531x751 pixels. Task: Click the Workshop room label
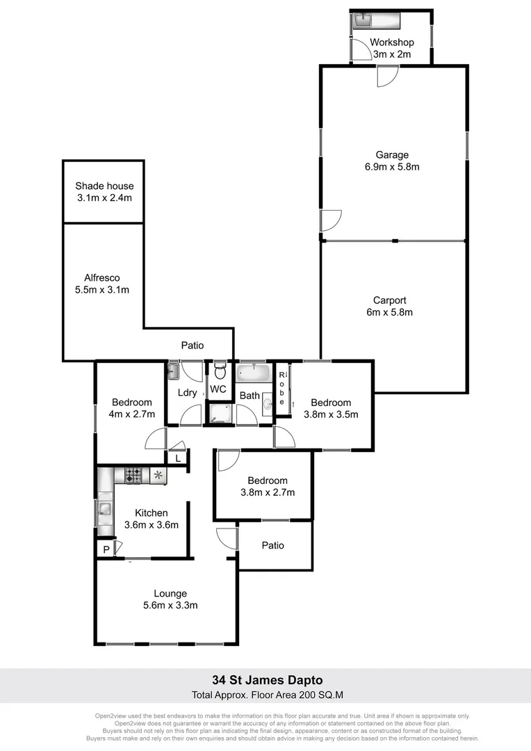pyautogui.click(x=392, y=42)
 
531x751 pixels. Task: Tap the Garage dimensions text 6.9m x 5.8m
pyautogui.click(x=393, y=167)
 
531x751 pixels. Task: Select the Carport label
pyautogui.click(x=389, y=300)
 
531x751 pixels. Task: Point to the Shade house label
pyautogui.click(x=104, y=186)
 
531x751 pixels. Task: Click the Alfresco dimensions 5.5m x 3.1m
pyautogui.click(x=102, y=290)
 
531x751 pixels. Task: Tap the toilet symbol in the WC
pyautogui.click(x=220, y=371)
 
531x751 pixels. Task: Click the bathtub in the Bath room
pyautogui.click(x=254, y=373)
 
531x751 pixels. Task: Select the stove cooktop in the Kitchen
pyautogui.click(x=133, y=476)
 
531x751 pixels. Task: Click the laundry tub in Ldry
pyautogui.click(x=173, y=371)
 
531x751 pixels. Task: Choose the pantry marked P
pyautogui.click(x=106, y=549)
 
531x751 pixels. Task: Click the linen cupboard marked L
pyautogui.click(x=178, y=458)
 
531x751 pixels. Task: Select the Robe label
pyautogui.click(x=282, y=389)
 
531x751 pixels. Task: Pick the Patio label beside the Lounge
pyautogui.click(x=273, y=545)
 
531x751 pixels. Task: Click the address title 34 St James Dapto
pyautogui.click(x=267, y=680)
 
